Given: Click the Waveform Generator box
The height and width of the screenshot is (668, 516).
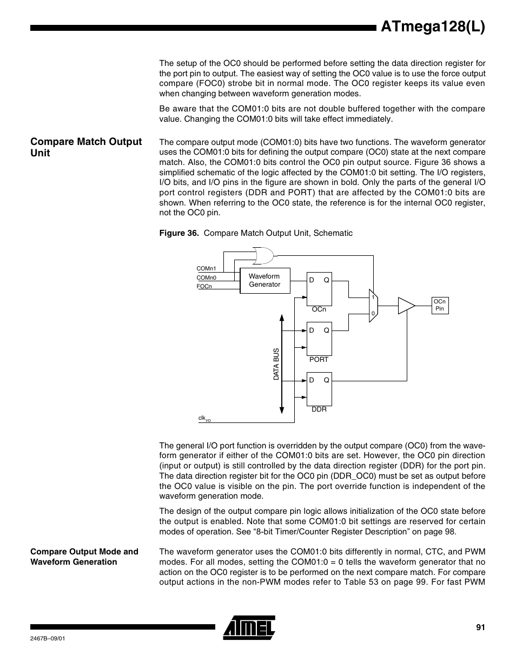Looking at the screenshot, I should [x=264, y=281].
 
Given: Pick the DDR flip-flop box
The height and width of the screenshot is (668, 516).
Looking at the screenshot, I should [x=319, y=389].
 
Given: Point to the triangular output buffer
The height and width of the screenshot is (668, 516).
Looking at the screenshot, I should [x=405, y=306].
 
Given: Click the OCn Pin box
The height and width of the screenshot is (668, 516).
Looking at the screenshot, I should [x=440, y=305].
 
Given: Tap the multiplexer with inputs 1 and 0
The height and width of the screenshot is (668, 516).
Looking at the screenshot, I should [x=373, y=306].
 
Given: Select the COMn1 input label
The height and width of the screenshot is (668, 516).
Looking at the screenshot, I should [x=206, y=268].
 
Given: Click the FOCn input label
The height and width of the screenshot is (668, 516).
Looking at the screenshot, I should [x=204, y=287].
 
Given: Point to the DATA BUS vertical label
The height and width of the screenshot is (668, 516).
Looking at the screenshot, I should [x=276, y=363].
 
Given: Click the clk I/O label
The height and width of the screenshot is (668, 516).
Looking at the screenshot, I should [x=204, y=419].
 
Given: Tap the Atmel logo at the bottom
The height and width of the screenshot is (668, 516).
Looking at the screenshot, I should [x=249, y=627].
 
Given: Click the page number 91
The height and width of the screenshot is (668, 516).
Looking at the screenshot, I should [x=480, y=627].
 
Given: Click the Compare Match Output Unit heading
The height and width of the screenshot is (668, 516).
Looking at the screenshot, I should [x=86, y=147].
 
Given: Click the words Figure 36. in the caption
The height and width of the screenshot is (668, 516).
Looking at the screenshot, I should [x=178, y=233].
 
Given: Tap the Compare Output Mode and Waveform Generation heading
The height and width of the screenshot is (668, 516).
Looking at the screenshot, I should [x=84, y=557].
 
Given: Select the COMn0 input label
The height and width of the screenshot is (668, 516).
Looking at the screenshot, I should [x=206, y=278].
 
